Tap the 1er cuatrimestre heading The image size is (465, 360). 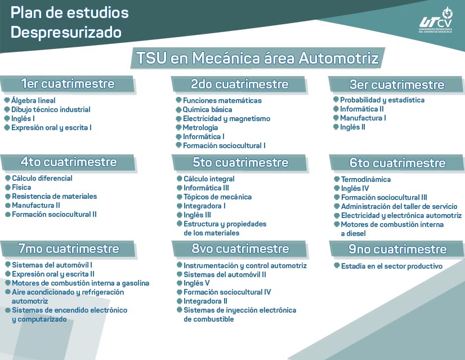[x=68, y=84]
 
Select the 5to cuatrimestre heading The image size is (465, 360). [x=240, y=162]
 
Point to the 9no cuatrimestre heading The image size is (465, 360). [x=397, y=249]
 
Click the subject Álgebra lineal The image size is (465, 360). [x=33, y=100]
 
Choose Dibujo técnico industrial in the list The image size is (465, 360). [x=51, y=109]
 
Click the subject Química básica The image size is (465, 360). [x=207, y=109]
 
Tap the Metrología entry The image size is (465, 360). [x=200, y=127]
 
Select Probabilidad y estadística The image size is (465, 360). [x=382, y=100]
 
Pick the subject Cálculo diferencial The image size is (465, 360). [x=42, y=178]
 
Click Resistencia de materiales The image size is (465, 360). [x=54, y=196]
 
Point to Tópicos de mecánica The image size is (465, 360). [x=217, y=197]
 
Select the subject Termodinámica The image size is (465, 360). [x=366, y=179]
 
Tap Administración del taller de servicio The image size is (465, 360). [x=399, y=206]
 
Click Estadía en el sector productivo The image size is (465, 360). [x=392, y=266]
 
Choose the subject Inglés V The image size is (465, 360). [x=196, y=283]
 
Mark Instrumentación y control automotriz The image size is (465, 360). [x=245, y=265]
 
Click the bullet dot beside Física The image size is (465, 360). [x=7, y=187]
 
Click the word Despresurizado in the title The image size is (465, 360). [x=66, y=32]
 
